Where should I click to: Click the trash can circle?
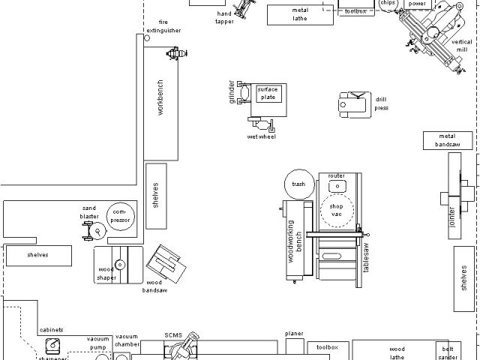coord(298,184)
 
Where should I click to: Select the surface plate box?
coord(268,94)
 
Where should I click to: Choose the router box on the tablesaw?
coord(337,185)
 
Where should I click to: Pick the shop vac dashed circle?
coord(337,210)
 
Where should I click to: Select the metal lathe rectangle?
coord(300,14)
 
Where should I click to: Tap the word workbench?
coord(160,97)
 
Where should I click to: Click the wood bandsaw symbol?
coord(164,262)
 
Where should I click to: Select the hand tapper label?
coord(225,18)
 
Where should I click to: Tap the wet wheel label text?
coord(262,136)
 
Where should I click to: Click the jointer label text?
coord(452,217)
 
